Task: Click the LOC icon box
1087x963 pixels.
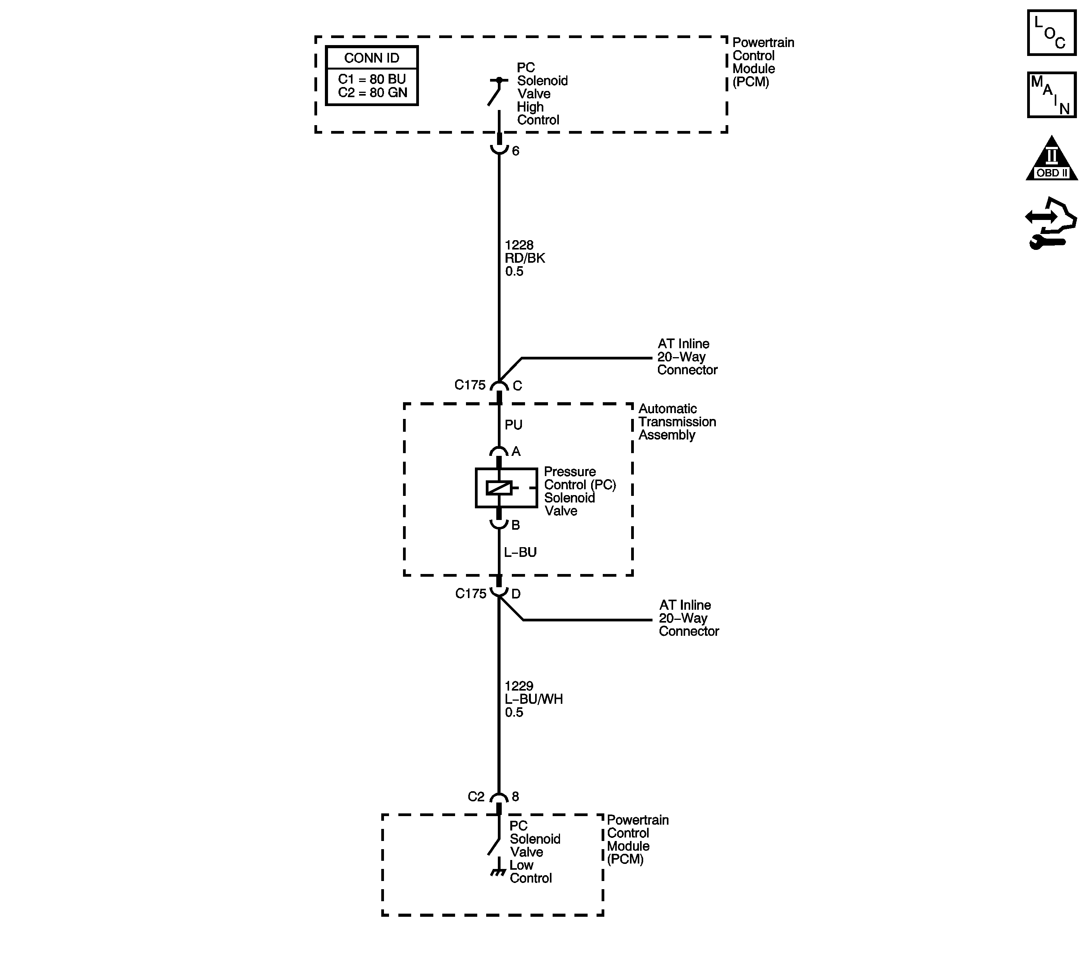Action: click(1051, 32)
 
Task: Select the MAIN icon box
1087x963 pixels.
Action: click(1051, 95)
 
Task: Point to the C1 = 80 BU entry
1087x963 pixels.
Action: click(372, 79)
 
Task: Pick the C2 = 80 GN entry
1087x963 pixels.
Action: click(372, 92)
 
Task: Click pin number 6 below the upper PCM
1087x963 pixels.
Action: click(515, 151)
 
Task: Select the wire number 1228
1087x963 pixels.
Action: click(519, 245)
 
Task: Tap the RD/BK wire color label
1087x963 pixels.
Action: click(525, 258)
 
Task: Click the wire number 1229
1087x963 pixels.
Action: click(519, 686)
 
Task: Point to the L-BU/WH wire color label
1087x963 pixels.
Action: click(534, 699)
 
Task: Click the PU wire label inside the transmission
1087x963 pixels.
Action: click(514, 425)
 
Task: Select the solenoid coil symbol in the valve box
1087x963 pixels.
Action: click(499, 488)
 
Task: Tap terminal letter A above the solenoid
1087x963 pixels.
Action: click(516, 452)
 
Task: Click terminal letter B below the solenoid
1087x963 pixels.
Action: click(515, 525)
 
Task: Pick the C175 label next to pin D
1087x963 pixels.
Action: click(471, 593)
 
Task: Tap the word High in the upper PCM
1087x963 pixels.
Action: click(530, 107)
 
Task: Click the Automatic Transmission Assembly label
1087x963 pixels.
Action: click(677, 422)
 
